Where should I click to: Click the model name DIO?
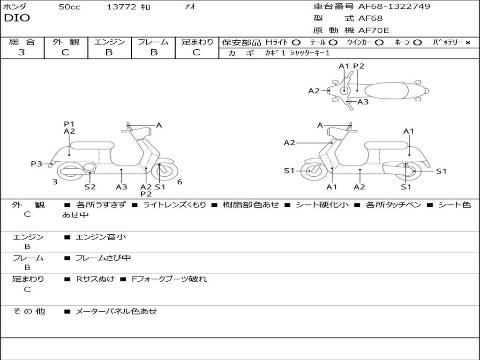pos(17,18)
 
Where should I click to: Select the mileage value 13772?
pos(121,7)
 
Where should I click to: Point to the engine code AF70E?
pos(374,31)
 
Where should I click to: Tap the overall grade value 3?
pos(22,52)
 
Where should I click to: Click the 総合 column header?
pos(22,42)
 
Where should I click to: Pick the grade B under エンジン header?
pos(109,52)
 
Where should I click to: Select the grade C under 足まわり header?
pos(196,52)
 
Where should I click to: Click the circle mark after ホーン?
pos(417,42)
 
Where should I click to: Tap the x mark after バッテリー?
pos(467,42)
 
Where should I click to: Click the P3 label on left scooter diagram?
pos(37,164)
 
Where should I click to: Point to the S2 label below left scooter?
pos(90,187)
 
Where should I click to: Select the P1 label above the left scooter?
pos(69,124)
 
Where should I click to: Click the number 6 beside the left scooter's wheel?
pos(180,182)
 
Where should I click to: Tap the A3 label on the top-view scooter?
pos(363,102)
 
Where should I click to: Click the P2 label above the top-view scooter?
pos(359,66)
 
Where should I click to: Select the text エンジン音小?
pos(101,237)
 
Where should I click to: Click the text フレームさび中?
pos(103,258)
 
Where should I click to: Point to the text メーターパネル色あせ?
pos(116,311)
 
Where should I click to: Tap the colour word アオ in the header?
pos(190,7)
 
